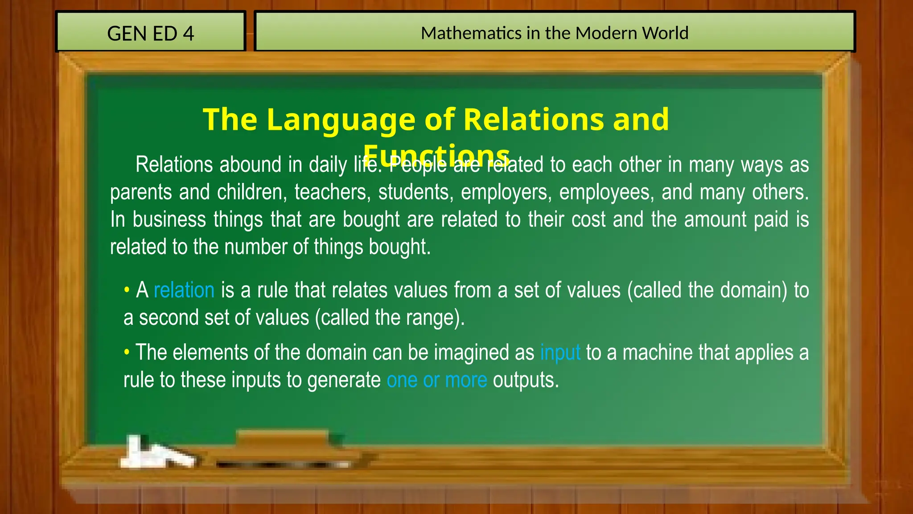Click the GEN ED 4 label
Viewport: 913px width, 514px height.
(151, 33)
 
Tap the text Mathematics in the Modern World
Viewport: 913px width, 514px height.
(555, 33)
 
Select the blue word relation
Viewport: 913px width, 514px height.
(184, 290)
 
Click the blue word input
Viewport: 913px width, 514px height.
(560, 352)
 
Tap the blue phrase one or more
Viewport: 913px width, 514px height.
(437, 380)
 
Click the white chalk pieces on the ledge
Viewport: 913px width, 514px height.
(156, 453)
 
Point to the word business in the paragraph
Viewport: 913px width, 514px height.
(169, 220)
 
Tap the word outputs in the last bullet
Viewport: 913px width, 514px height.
(526, 380)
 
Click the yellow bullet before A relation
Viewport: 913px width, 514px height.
(127, 290)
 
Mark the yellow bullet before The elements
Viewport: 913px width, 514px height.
(127, 352)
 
